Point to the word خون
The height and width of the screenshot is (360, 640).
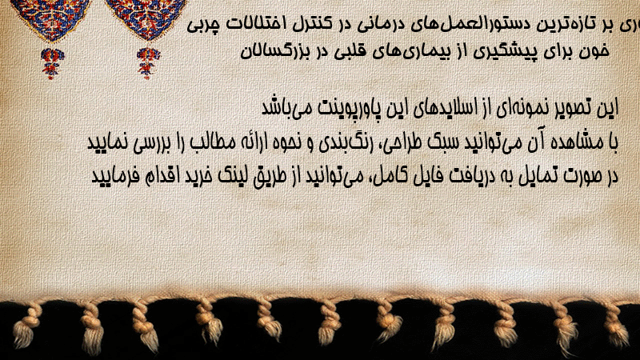[x=595, y=51]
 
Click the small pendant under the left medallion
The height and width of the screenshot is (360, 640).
[x=52, y=62]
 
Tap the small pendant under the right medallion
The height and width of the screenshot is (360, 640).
[x=148, y=62]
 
